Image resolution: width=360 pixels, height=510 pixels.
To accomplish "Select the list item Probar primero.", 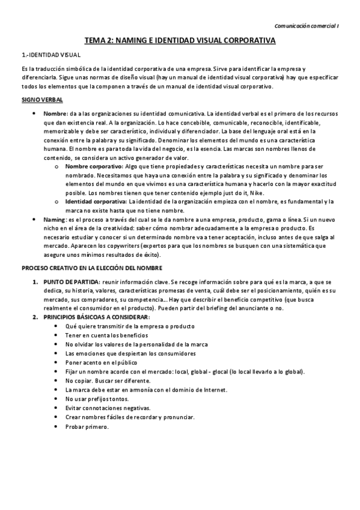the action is click(88, 426).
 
